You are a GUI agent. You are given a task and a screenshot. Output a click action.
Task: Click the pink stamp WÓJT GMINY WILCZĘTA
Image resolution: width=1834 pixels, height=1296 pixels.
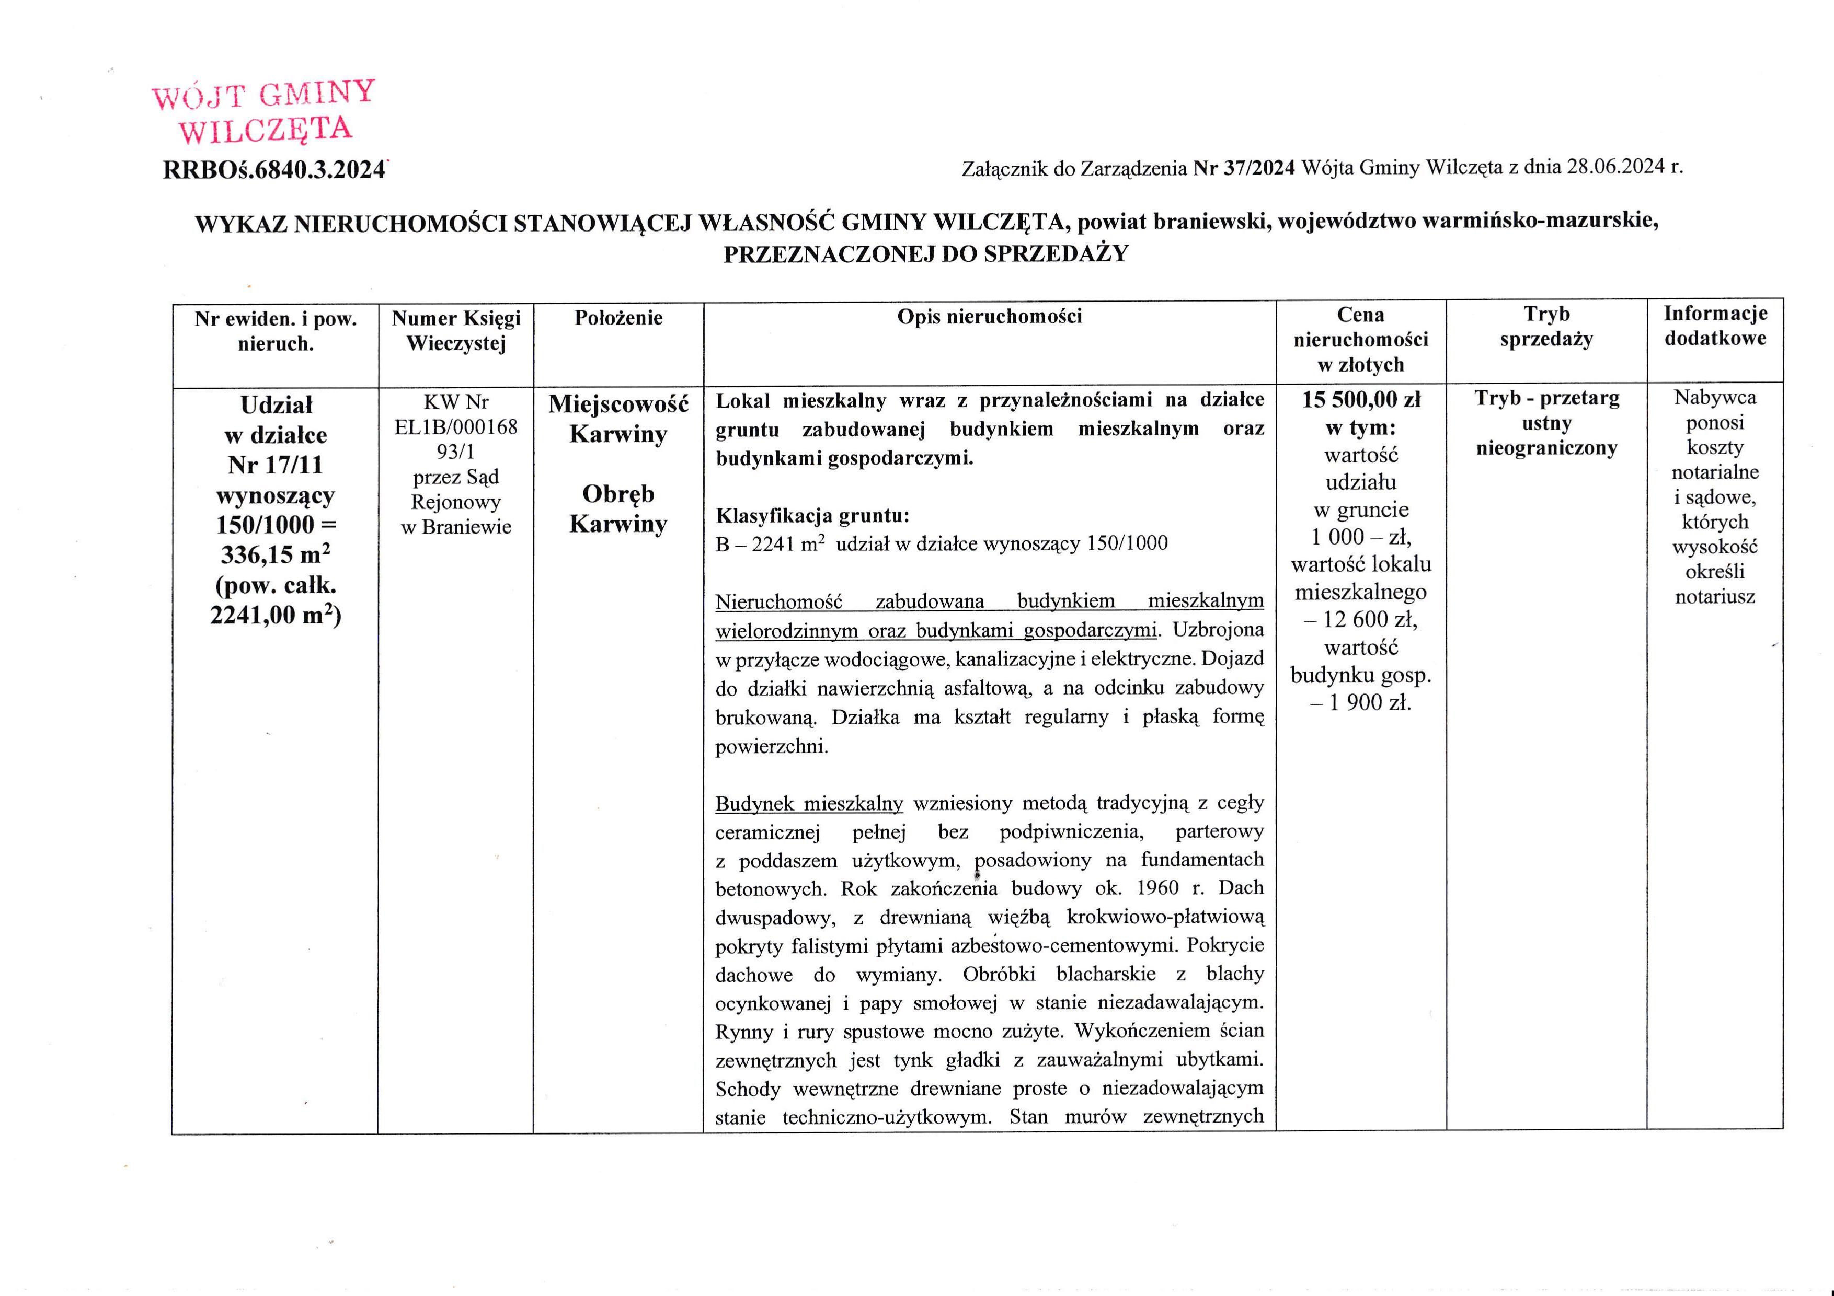coord(263,112)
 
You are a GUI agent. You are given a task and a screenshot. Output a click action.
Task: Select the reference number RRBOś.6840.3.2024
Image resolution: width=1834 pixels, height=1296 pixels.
coord(274,170)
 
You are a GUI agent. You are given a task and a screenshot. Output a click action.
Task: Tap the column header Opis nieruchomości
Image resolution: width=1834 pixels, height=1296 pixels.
coord(989,317)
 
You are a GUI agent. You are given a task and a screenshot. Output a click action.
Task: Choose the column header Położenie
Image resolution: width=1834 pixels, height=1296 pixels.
coord(618,318)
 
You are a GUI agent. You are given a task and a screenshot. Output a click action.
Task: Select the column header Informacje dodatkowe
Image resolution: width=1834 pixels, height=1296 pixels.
coord(1715,325)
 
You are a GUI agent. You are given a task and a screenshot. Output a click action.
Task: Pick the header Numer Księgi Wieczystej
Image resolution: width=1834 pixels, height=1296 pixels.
coord(455,331)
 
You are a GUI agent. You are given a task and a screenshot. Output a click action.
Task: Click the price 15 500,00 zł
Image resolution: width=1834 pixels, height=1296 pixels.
coord(1361,399)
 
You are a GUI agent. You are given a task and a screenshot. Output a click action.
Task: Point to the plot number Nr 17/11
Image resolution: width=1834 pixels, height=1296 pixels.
coord(276,465)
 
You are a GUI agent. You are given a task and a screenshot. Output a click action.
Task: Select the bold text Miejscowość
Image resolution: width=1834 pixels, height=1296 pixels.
coord(618,404)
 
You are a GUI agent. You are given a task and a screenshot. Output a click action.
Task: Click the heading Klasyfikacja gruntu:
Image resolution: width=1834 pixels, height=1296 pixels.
coord(812,515)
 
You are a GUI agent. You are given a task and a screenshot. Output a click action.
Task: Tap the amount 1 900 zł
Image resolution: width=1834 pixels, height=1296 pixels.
coord(1369,703)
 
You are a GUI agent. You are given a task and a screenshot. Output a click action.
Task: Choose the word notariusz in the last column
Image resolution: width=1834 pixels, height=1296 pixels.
coord(1715,596)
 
